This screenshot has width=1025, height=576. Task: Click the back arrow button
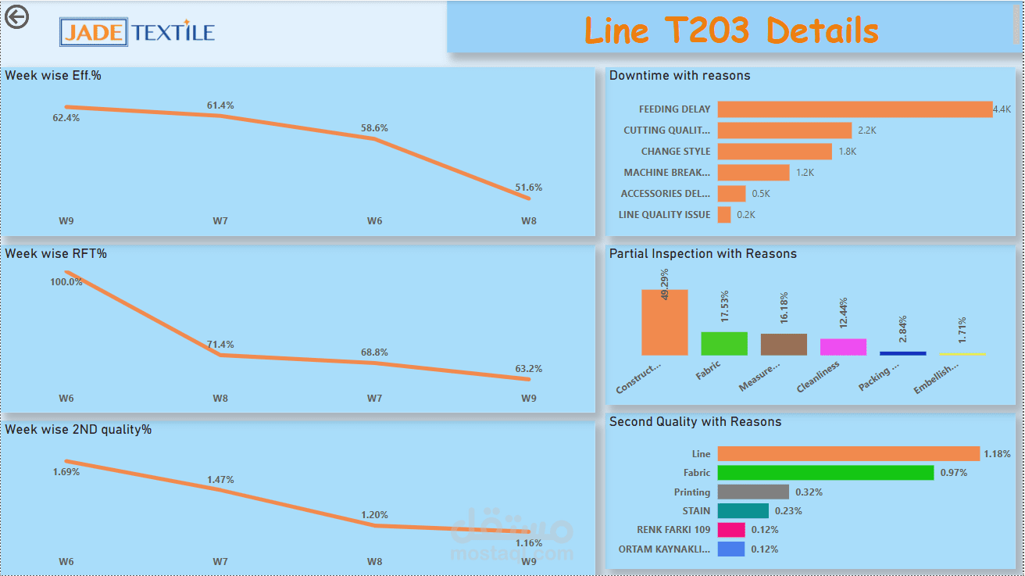click(16, 16)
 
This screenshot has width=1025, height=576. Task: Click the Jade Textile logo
click(137, 32)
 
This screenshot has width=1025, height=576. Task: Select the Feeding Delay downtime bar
click(854, 109)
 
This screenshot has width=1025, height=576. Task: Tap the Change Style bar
click(774, 152)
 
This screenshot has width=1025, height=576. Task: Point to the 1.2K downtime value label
click(805, 173)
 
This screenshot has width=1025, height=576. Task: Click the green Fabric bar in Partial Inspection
click(723, 344)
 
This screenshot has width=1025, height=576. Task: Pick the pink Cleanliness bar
click(843, 347)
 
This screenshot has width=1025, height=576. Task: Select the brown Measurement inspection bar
click(784, 345)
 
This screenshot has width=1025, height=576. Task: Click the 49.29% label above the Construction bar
click(665, 284)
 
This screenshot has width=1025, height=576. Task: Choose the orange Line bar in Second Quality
click(848, 453)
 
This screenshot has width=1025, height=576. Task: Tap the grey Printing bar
click(753, 492)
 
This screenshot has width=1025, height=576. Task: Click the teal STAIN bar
click(743, 510)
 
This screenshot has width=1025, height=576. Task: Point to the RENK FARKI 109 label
click(673, 530)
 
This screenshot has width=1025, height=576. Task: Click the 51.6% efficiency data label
click(529, 188)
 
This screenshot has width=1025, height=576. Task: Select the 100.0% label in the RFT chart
click(66, 282)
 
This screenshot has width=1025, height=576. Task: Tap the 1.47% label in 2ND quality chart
click(220, 480)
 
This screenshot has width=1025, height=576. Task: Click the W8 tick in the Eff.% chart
click(529, 221)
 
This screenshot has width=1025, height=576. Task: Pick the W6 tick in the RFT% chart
click(66, 399)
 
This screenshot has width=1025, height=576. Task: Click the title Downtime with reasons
click(680, 76)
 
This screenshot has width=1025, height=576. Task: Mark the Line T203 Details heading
click(731, 30)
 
